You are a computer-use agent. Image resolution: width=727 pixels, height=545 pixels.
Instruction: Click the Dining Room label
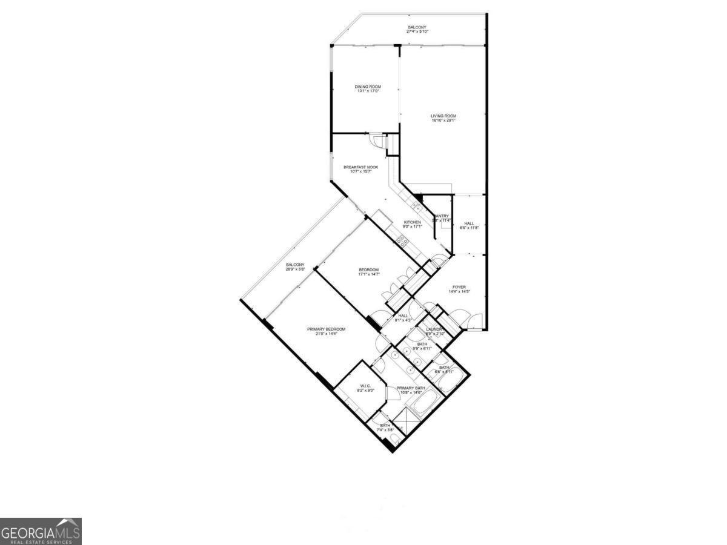tap(368, 87)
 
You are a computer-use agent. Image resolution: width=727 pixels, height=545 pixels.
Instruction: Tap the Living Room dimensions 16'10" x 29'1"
tap(443, 121)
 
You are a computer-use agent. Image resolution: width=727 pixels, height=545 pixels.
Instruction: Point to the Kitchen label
tap(412, 222)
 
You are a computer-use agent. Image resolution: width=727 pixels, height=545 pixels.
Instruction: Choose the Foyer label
tap(459, 287)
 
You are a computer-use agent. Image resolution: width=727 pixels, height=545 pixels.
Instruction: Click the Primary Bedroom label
tap(326, 329)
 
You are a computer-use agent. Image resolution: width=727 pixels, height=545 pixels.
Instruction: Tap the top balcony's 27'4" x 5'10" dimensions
tap(417, 32)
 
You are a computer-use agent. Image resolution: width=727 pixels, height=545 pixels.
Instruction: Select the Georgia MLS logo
tap(41, 531)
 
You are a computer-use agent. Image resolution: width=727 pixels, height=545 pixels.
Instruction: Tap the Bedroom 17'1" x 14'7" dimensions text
tap(368, 274)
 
